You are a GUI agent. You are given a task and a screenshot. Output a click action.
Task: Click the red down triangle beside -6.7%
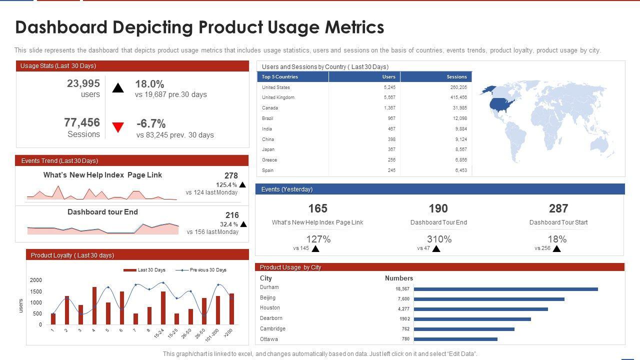[x=118, y=127]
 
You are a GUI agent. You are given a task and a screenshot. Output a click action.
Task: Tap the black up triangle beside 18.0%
[x=118, y=88]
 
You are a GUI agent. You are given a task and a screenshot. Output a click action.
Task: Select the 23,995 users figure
[x=83, y=84]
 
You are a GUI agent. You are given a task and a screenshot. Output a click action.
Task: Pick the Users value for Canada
[x=389, y=108]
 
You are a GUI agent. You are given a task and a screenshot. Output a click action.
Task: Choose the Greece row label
[x=269, y=160]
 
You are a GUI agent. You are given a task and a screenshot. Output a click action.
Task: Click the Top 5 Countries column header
[x=280, y=77]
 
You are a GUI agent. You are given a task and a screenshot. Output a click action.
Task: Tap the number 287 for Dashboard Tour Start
[x=558, y=208]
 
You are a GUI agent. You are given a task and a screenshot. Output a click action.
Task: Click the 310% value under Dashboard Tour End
[x=439, y=239]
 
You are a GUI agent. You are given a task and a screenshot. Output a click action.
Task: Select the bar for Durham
[x=505, y=289]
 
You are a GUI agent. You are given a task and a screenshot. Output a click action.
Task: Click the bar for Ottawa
[x=455, y=339]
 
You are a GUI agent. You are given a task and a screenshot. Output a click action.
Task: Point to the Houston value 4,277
[x=403, y=309]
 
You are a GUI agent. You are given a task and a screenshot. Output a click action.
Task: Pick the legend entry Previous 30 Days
[x=207, y=270]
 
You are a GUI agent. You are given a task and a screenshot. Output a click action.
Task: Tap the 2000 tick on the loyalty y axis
[x=36, y=280]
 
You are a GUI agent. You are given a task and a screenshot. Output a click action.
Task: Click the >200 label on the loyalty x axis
[x=228, y=332]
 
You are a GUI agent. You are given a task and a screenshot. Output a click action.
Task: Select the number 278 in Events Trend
[x=231, y=176]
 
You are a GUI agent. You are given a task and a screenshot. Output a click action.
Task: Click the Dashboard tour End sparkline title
[x=102, y=212]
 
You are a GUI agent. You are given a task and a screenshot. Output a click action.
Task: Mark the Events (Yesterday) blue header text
[x=287, y=189]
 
